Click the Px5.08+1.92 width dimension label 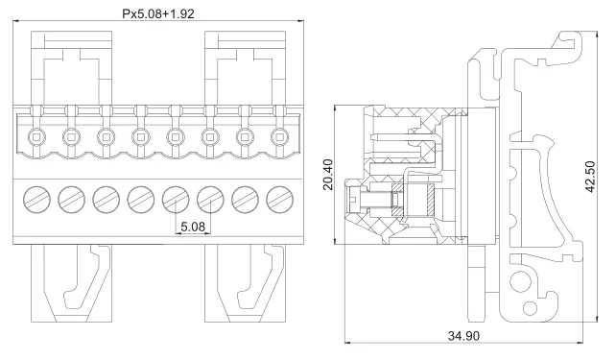point(158,14)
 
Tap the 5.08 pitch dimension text point(193,227)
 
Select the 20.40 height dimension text point(328,175)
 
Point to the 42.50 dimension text point(590,177)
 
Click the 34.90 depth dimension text point(464,336)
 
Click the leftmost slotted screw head point(36,200)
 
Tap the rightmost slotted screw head point(280,200)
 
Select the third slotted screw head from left point(107,200)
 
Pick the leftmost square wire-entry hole point(36,137)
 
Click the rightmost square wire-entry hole point(279,137)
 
